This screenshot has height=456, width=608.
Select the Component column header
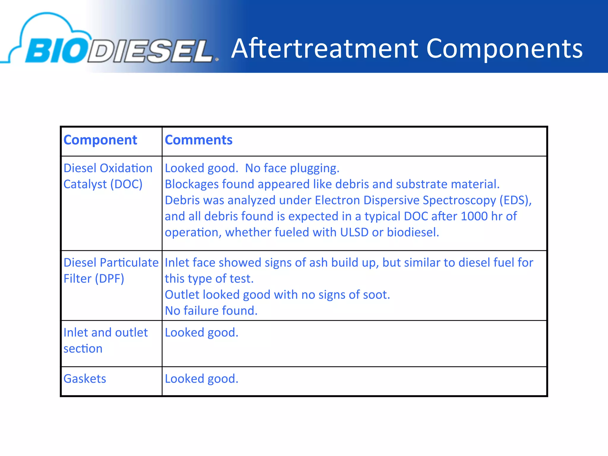(x=100, y=140)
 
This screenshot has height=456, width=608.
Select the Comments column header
(x=199, y=140)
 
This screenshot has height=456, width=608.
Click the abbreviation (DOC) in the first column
(x=126, y=184)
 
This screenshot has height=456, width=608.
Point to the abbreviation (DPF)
(x=109, y=279)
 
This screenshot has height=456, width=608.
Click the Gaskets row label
(x=85, y=379)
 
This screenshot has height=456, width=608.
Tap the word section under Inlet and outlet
(x=83, y=349)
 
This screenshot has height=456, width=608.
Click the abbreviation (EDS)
(x=515, y=200)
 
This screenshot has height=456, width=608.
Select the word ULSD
(x=354, y=232)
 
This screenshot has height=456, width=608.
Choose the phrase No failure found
(x=211, y=311)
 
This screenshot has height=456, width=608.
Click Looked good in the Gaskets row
(x=202, y=379)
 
